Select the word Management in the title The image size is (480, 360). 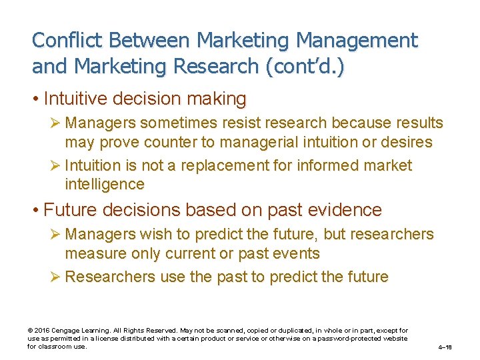(357, 40)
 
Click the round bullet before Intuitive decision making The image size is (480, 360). (35, 99)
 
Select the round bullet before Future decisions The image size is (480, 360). (35, 210)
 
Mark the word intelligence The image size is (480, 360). (104, 184)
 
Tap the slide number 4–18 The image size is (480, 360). (445, 347)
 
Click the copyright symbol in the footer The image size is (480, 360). (30, 331)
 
